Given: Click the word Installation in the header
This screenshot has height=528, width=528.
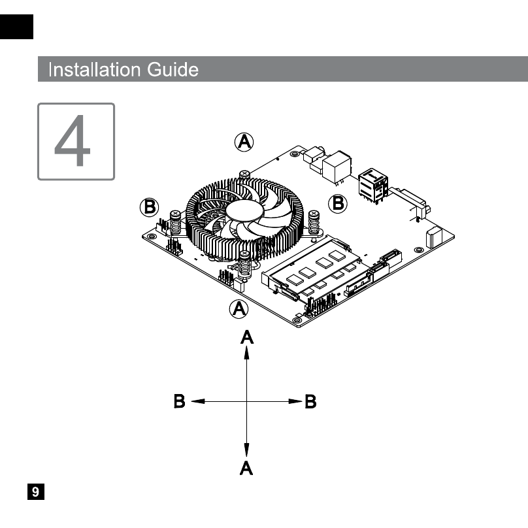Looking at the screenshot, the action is pos(94,70).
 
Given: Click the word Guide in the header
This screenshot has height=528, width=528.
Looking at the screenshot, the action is pos(173,70).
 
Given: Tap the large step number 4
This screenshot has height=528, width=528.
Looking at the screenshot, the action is pos(73,140).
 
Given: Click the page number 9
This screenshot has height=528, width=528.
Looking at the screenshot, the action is pos(36,491).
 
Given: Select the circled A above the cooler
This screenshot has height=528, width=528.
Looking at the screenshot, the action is pos(244,142).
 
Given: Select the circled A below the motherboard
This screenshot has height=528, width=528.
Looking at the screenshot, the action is pos(239,309).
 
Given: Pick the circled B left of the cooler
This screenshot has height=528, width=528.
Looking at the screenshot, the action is pos(149,206).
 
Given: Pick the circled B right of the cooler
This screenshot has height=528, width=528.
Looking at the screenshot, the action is pos(338,203).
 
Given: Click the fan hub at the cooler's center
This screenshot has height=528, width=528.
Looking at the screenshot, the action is pos(244,210).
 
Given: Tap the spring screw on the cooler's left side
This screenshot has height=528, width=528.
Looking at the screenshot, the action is pos(175,223).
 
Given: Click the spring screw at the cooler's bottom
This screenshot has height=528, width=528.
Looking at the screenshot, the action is pos(245,264).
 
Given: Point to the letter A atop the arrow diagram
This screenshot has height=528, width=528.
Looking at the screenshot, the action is pos(247,337).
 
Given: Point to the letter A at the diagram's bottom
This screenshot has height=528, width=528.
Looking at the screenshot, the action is pos(246,468).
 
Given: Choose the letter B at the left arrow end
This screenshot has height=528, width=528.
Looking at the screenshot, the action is pos(180,401).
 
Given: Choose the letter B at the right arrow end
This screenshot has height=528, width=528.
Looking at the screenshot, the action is pos(310,401).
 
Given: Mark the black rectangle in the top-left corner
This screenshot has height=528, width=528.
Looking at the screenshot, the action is pos(16,27).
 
